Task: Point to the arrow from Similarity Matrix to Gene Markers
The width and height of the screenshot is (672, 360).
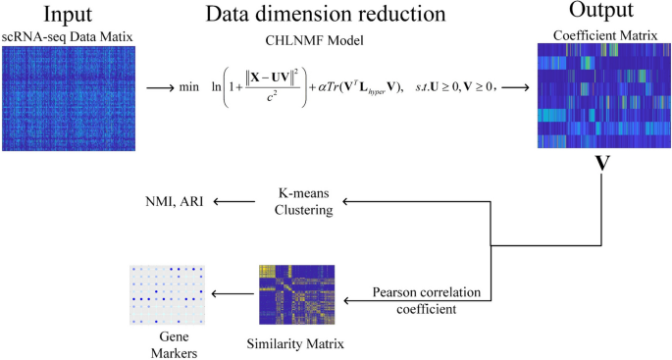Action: click(231, 293)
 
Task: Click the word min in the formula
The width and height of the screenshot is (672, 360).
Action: click(188, 86)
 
